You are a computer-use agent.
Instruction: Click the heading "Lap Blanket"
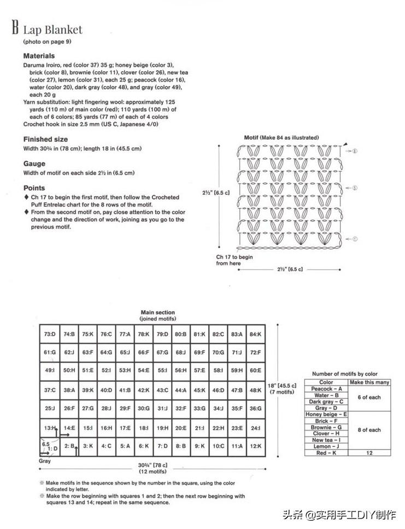point(52,30)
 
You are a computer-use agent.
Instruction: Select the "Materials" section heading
point(39,56)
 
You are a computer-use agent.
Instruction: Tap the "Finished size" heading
point(45,139)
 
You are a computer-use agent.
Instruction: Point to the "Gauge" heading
point(34,164)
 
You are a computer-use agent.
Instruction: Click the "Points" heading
point(34,188)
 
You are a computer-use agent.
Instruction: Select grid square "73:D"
point(50,334)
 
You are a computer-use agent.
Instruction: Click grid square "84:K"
point(255,334)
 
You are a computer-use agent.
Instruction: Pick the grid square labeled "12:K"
point(255,446)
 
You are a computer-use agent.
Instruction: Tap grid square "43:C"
point(162,390)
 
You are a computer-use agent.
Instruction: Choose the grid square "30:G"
point(144,409)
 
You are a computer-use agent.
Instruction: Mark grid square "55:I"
point(162,371)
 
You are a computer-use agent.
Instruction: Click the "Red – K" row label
point(326,453)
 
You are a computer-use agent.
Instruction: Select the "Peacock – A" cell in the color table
point(326,389)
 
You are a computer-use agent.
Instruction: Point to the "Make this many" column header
point(369,382)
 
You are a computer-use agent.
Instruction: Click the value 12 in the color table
point(369,453)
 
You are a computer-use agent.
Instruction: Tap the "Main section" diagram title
point(158,313)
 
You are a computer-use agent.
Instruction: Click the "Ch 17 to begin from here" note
point(234,260)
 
